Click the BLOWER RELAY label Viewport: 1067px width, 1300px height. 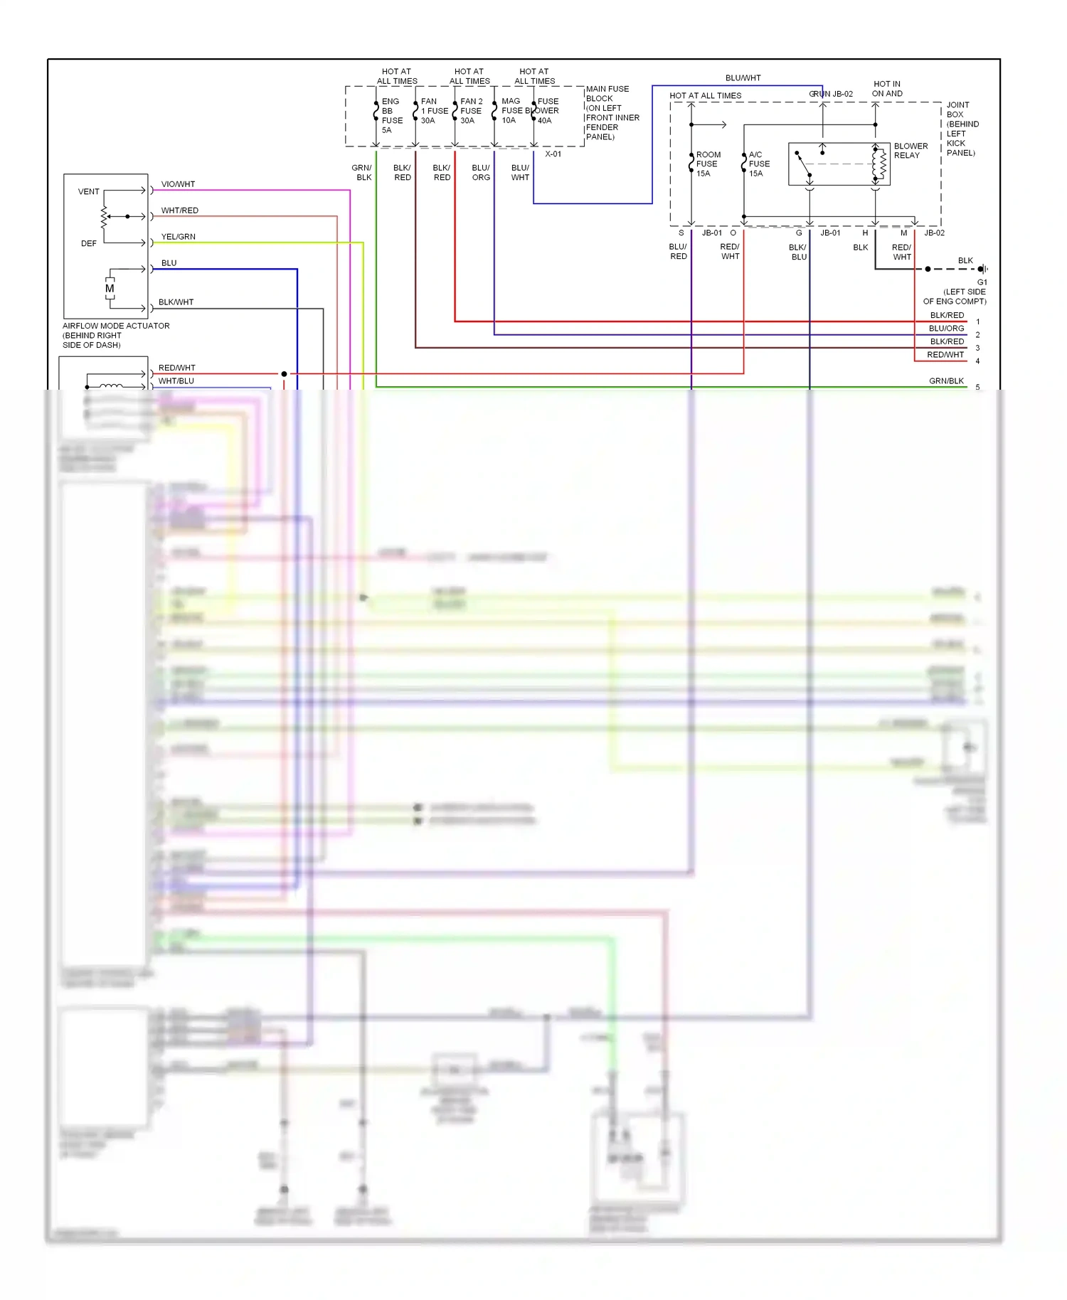910,151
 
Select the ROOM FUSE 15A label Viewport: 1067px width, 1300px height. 707,164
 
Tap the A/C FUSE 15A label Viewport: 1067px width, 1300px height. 758,164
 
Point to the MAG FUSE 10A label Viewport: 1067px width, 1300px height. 511,111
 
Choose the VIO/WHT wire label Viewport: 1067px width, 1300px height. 178,184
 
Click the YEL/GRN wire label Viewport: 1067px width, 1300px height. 178,237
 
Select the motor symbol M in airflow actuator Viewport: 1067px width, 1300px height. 110,289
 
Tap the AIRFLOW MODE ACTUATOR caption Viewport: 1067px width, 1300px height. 116,326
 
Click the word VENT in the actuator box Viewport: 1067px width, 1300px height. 89,192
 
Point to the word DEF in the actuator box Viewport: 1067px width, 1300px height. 89,243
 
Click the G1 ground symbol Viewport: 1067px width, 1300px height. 982,269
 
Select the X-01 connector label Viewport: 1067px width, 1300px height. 553,154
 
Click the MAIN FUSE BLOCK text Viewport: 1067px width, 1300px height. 607,94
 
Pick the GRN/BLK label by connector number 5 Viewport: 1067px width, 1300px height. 946,381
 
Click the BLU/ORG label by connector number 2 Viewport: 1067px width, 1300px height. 946,329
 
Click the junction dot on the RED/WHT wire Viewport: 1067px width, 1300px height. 284,374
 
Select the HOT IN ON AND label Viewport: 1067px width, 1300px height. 887,89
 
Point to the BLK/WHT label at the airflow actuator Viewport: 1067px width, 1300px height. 176,302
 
